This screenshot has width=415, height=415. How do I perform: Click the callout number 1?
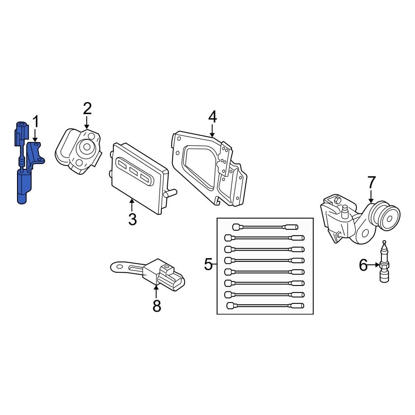pos(36,122)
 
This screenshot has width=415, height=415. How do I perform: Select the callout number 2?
pos(87,109)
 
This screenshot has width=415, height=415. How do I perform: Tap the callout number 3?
pos(132,219)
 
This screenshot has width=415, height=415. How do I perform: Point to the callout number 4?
pos(212,117)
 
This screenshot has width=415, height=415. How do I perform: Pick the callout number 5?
pos(208,264)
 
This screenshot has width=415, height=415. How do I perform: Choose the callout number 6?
pos(363,265)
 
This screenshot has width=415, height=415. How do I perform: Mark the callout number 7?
pos(371,182)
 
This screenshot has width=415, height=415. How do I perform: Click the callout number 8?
pos(156,306)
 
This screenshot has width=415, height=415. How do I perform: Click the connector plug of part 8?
pos(172,279)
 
